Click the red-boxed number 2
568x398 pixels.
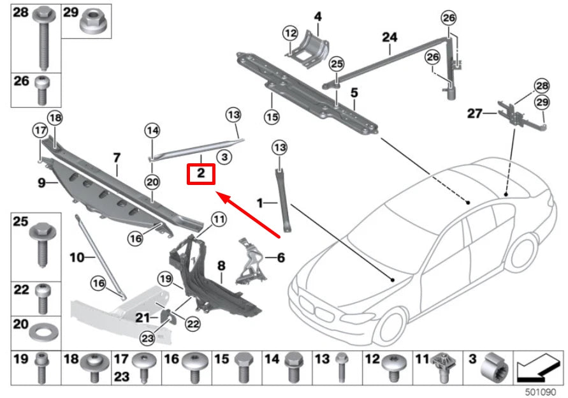tap(201, 173)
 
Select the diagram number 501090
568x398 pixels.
tap(541, 391)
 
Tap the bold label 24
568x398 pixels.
tap(389, 38)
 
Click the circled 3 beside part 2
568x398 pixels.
tap(224, 156)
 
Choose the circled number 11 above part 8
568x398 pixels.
tap(219, 220)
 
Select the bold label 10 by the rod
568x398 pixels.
tap(76, 258)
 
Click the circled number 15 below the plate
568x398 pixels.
tap(272, 117)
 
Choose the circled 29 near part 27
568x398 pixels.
tap(541, 101)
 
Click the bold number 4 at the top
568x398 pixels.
tap(317, 16)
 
